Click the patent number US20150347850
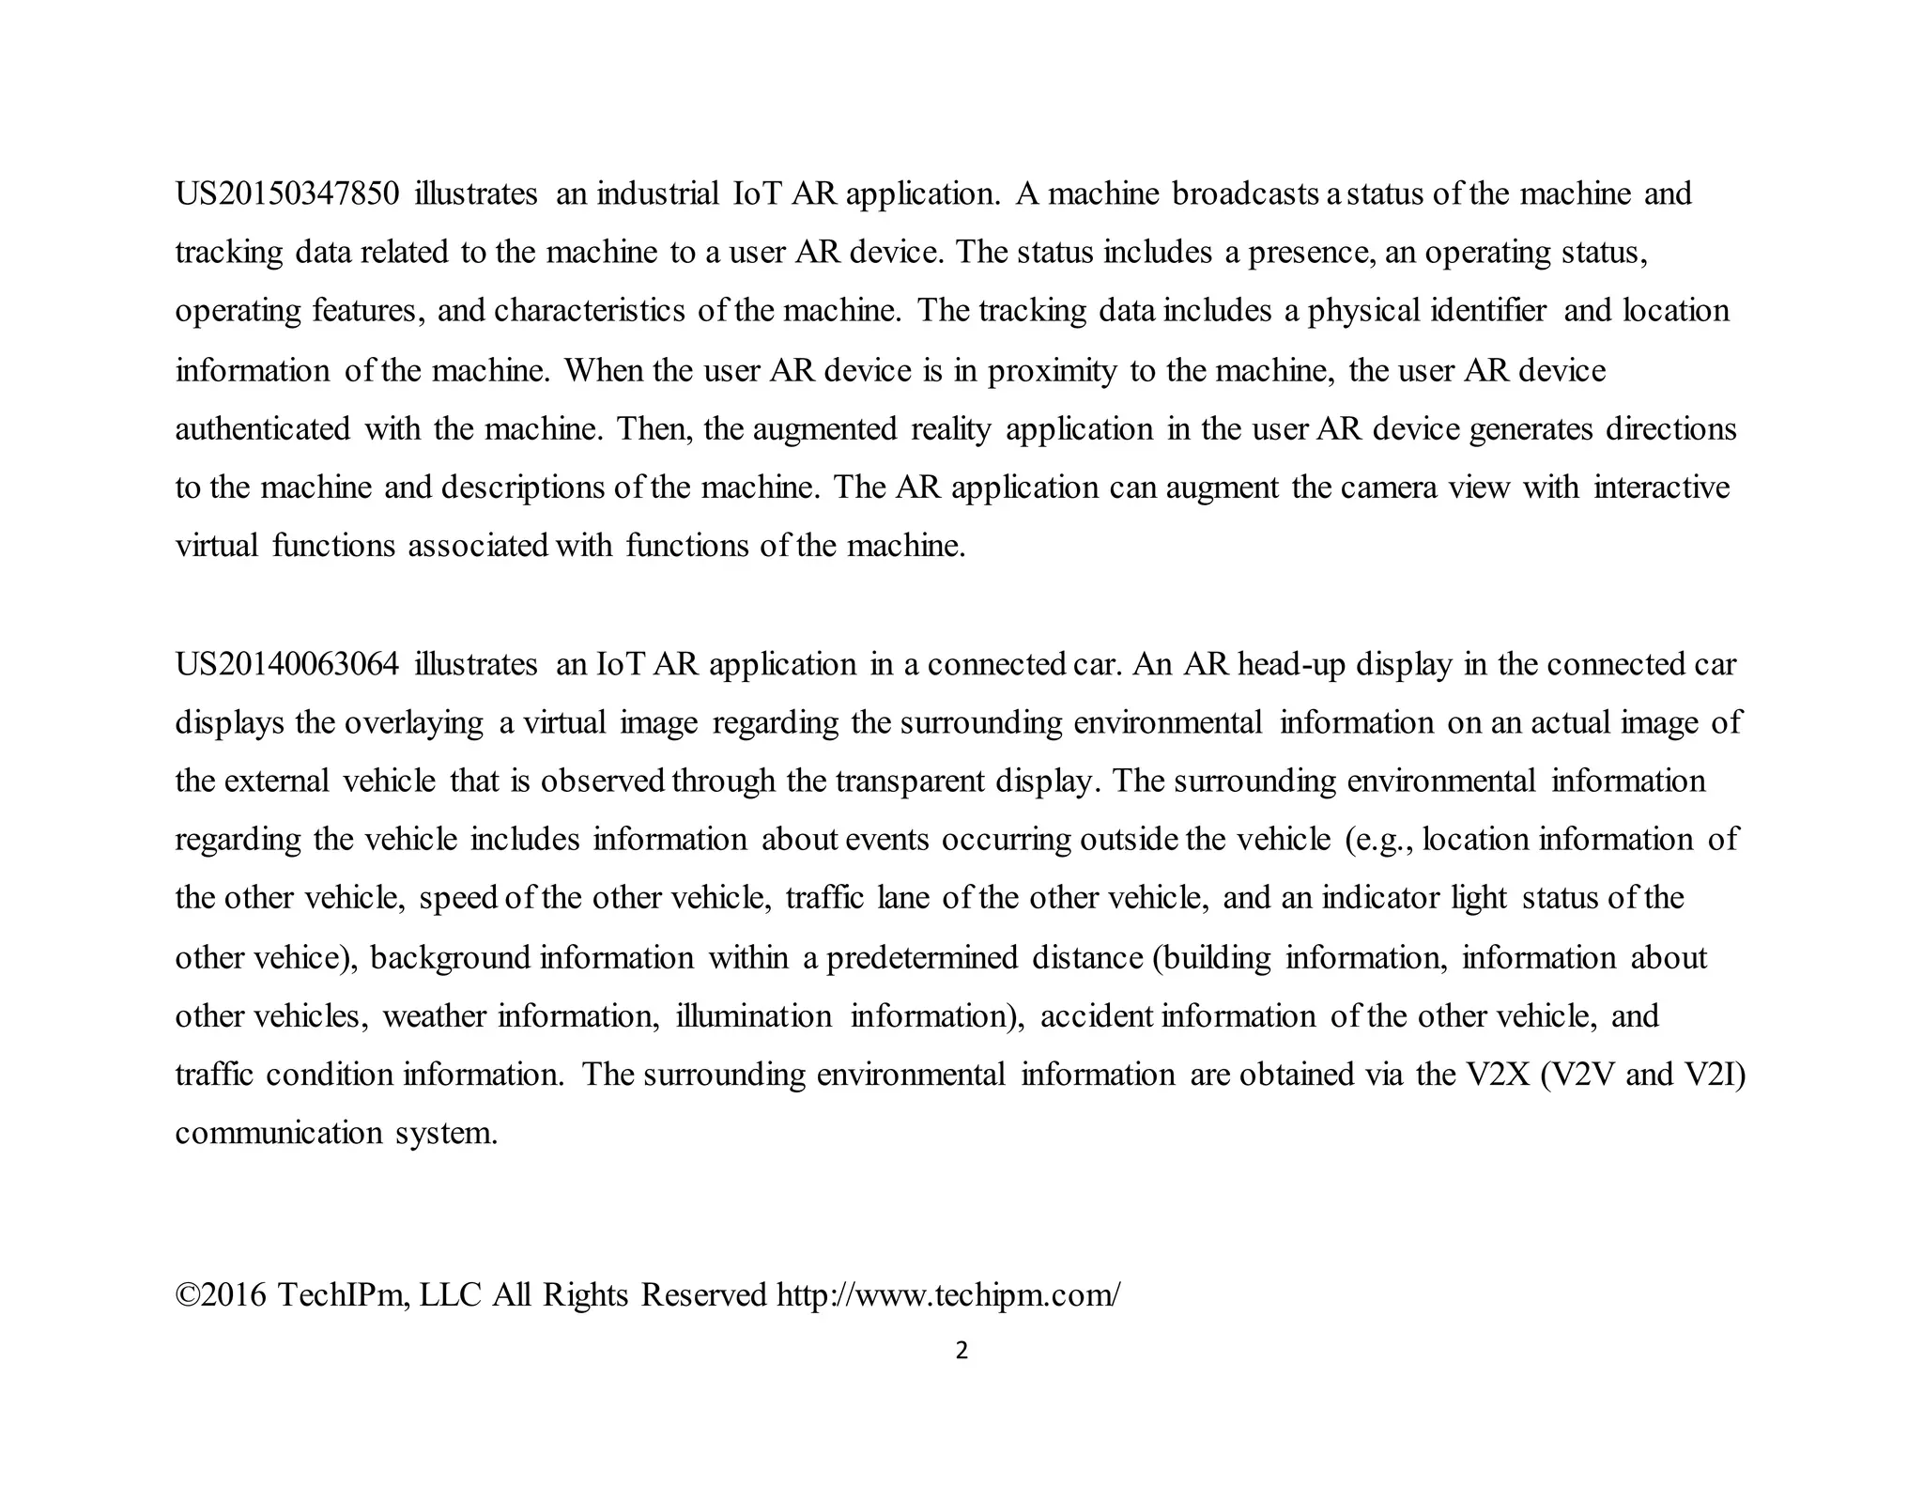[x=287, y=194]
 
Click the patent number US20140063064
[x=287, y=665]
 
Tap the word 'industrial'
[x=657, y=194]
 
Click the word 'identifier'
[x=1488, y=311]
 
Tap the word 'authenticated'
[x=263, y=429]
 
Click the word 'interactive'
[x=1661, y=488]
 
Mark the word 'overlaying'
[x=414, y=723]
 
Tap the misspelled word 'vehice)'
[x=306, y=958]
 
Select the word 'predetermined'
[x=922, y=958]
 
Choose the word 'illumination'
[x=754, y=1016]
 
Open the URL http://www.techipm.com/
[x=948, y=1295]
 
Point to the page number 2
[x=961, y=1352]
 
